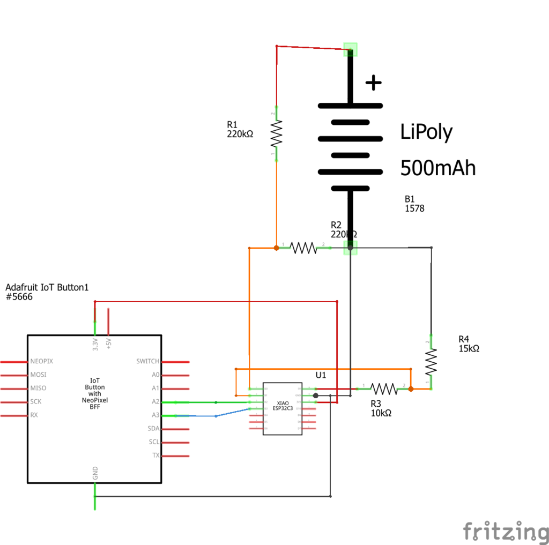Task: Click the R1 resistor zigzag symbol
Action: (x=276, y=133)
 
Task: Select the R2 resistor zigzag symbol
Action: (x=303, y=248)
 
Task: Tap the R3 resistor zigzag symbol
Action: (x=384, y=389)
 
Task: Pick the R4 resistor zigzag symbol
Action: (x=431, y=363)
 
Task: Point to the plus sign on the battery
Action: (x=373, y=83)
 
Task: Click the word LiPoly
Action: (x=426, y=132)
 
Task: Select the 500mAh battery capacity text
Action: (x=437, y=168)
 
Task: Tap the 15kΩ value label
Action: (x=469, y=348)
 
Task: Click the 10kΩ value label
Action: (x=381, y=413)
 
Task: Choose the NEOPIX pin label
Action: (x=42, y=362)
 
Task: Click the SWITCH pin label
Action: (x=148, y=362)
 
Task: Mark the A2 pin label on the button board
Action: (x=155, y=401)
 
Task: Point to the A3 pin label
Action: (x=155, y=415)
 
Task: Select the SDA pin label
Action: (x=153, y=429)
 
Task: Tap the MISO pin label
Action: (x=38, y=388)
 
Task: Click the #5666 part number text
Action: (x=19, y=297)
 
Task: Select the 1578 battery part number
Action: (x=414, y=208)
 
